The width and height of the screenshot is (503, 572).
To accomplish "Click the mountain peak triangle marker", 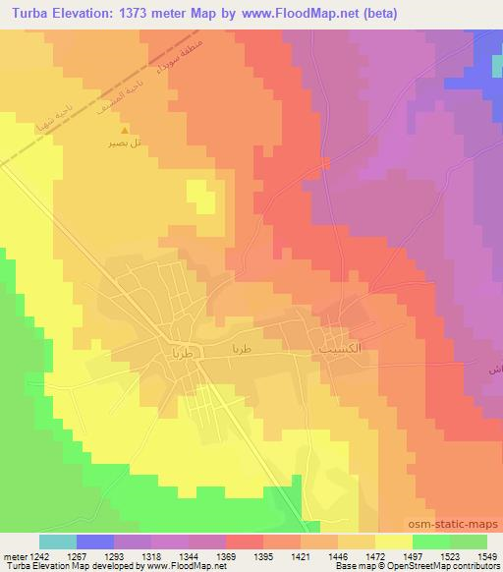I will click(124, 130).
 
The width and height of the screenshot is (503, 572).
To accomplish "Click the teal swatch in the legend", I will click(58, 542).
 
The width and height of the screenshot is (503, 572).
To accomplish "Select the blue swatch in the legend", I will click(95, 542).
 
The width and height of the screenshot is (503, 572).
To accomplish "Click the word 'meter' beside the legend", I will click(11, 555).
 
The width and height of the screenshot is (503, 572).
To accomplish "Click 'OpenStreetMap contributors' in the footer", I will click(451, 567).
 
